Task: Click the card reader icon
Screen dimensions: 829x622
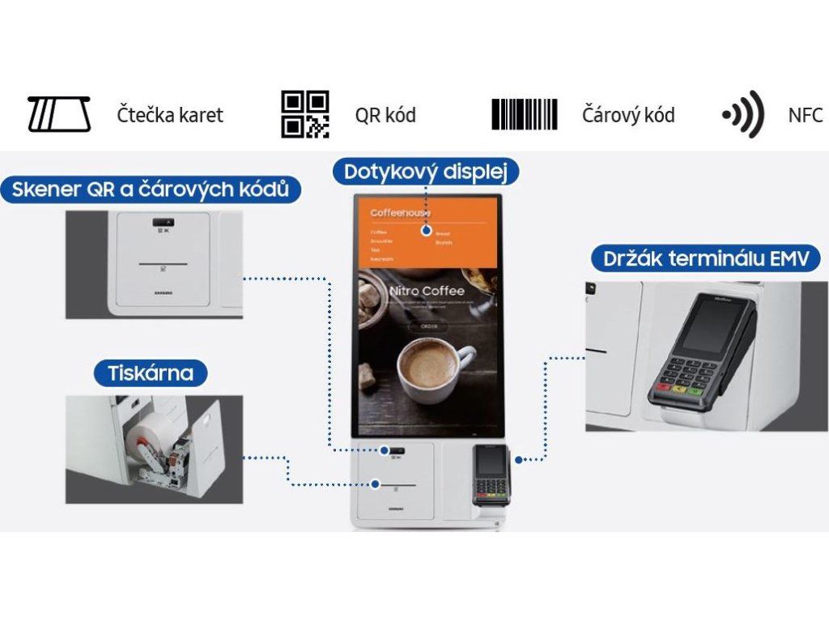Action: (58, 115)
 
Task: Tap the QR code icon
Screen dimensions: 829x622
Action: (305, 114)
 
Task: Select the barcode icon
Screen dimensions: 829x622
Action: (525, 114)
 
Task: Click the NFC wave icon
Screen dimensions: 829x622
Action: (743, 114)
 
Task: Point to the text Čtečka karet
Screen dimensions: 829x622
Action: (169, 115)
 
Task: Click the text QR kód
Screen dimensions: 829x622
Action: (385, 115)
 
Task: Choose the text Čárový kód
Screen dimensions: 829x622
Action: (628, 115)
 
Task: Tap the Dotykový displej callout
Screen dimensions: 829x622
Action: (426, 172)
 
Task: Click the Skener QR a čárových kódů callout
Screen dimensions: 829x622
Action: (151, 190)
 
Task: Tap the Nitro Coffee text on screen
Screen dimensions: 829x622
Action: (427, 291)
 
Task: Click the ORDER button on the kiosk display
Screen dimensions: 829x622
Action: (427, 326)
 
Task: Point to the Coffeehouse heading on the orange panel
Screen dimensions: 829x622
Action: (400, 213)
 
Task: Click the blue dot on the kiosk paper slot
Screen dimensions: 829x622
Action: (376, 484)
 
